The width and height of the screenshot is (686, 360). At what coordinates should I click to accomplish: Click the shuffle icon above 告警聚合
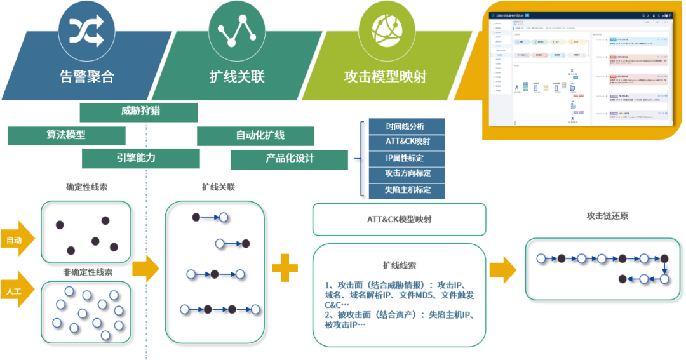tap(86, 29)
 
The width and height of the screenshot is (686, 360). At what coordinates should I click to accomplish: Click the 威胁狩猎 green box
tap(138, 112)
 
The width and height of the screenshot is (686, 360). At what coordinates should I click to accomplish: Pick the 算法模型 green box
tap(66, 135)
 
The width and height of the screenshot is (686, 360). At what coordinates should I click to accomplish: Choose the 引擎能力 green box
tap(140, 158)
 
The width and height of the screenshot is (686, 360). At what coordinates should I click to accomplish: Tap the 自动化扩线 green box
tap(255, 136)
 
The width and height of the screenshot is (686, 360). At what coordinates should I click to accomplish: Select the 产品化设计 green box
tap(289, 159)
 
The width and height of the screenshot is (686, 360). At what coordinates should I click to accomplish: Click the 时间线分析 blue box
tap(407, 126)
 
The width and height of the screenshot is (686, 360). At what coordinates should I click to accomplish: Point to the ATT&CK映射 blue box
tap(407, 142)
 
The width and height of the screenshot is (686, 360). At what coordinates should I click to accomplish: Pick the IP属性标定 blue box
tap(407, 158)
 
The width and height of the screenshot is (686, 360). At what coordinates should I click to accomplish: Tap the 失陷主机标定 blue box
tap(407, 190)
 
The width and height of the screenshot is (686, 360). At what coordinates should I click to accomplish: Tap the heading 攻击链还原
tap(607, 216)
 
